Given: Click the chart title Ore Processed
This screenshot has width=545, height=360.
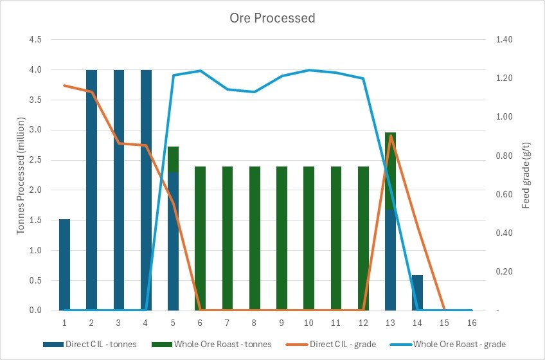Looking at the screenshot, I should tap(272, 18).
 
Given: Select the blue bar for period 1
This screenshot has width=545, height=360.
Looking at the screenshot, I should tap(64, 265).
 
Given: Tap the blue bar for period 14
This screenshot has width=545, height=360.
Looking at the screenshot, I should tap(418, 292).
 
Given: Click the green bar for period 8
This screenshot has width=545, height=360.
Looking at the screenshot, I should tap(255, 239).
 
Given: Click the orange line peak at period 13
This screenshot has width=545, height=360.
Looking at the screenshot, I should tap(391, 136).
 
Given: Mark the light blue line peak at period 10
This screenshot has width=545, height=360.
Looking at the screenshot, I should tap(309, 70).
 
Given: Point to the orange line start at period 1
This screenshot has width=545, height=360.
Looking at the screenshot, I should tap(64, 85).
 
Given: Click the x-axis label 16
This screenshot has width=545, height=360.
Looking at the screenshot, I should tap(472, 321).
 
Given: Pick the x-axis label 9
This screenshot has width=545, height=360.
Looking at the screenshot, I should tap(282, 321).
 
